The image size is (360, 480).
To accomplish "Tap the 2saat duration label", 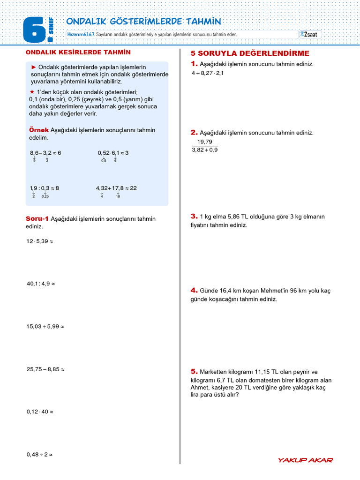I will pos(310,34).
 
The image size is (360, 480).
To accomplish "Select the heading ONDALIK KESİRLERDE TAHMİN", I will pos(78,52).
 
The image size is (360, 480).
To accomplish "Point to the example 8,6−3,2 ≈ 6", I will pos(45,153).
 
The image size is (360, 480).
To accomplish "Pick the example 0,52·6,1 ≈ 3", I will pos(113,153).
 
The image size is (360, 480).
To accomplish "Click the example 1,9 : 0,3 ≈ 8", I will pos(44,188).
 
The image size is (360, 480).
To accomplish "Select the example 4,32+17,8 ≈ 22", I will pos(116,188).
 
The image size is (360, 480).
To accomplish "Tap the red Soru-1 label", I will pos(37,218).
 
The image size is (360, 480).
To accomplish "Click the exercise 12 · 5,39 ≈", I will pos(40,241).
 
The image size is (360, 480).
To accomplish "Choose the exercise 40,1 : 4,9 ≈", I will pos(41,284).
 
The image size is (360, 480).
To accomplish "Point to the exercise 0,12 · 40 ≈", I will pos(40,412).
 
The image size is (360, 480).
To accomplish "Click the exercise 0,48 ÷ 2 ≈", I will pos(39,454).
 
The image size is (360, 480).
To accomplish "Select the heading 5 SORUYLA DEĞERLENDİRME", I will pos(243,53).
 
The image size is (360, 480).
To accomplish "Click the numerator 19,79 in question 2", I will pos(205,142).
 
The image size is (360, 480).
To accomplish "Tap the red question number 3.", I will pos(194,216).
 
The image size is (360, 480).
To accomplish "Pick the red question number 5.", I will pos(194,371).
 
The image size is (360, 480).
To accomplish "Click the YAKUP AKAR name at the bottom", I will pos(305,460).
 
